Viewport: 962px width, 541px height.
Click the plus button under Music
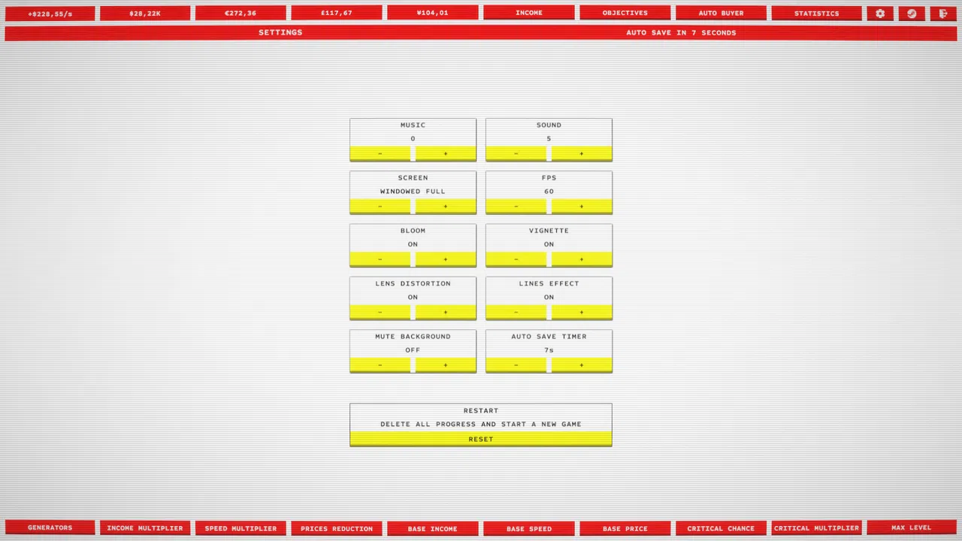pos(446,153)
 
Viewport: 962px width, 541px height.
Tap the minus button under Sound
pos(516,153)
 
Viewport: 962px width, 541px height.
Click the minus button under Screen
pos(380,206)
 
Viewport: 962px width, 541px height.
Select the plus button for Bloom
pos(446,259)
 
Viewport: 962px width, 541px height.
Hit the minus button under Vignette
pos(516,259)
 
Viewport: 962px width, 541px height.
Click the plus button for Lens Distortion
pos(446,312)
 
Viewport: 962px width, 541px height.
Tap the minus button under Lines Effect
pos(516,312)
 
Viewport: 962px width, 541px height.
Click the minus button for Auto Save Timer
pos(516,364)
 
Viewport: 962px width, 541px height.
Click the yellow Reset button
pos(481,439)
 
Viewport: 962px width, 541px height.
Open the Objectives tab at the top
pos(625,13)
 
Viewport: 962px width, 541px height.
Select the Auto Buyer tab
pos(721,13)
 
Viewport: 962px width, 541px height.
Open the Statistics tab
pos(816,14)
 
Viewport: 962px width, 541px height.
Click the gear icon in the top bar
pos(880,14)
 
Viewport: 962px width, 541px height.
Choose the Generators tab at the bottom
pos(50,527)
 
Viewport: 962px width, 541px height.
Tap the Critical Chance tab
pos(721,528)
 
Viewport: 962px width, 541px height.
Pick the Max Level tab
pos(912,527)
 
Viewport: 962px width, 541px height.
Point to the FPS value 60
pos(549,191)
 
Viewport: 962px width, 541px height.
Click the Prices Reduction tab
pos(337,528)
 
